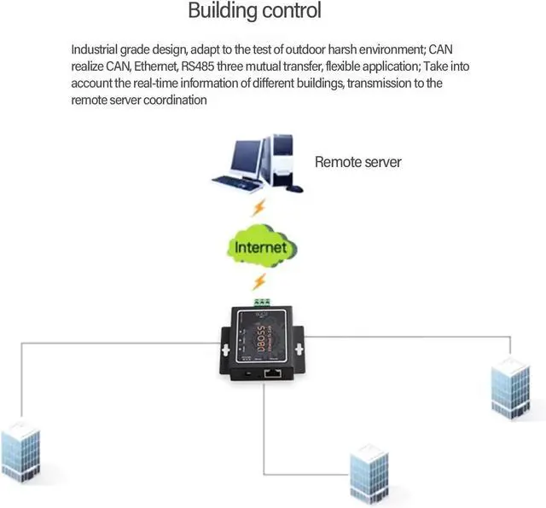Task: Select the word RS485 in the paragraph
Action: point(200,66)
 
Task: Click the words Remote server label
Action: point(357,162)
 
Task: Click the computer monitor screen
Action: point(243,156)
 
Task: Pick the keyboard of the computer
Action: point(231,183)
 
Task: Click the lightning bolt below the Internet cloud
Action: point(259,281)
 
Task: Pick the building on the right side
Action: point(511,390)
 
